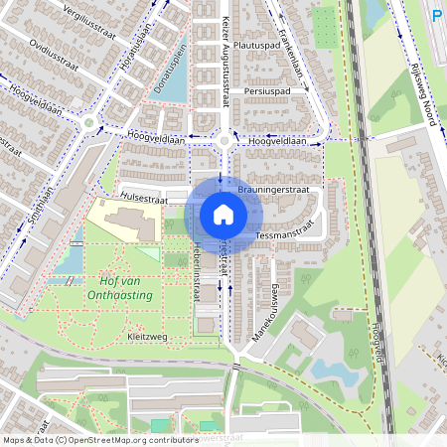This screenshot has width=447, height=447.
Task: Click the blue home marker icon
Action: (223, 215)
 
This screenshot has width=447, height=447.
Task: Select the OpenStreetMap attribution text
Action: (99, 439)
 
